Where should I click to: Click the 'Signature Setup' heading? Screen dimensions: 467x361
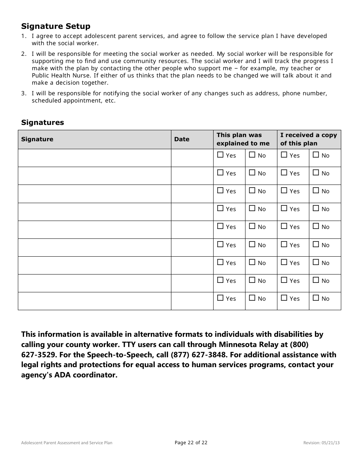[x=56, y=26]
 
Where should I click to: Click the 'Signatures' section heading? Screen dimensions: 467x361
[x=43, y=122]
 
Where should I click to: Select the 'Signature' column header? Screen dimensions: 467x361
[x=37, y=139]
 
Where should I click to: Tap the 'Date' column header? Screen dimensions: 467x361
[x=182, y=139]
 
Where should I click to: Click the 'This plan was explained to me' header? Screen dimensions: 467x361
[x=243, y=139]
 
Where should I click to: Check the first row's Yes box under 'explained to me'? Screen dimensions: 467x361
[x=220, y=155]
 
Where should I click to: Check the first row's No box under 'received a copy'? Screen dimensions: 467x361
[x=316, y=155]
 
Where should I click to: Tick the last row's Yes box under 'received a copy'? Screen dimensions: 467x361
[x=284, y=298]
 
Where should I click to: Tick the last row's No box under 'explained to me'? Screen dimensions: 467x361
[x=252, y=298]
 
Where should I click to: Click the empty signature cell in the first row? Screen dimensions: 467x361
[x=94, y=158]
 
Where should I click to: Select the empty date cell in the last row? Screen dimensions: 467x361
[x=192, y=301]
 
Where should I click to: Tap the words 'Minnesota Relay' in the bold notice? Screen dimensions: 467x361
[x=249, y=345]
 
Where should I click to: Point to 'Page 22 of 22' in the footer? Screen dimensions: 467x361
[x=191, y=442]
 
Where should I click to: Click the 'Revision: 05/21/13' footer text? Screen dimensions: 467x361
[x=321, y=443]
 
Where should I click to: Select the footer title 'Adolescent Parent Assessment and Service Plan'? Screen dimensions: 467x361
[x=67, y=443]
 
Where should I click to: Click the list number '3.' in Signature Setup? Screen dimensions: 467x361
[x=24, y=93]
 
